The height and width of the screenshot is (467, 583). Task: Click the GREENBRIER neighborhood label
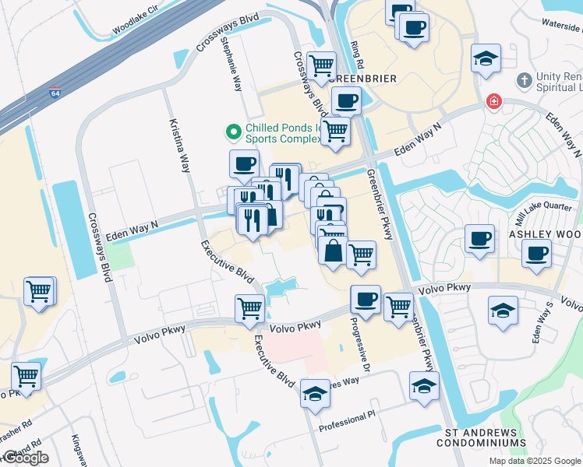[362, 79]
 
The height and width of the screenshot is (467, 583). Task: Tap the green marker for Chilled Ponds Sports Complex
[233, 133]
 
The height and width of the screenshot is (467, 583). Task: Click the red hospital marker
[493, 101]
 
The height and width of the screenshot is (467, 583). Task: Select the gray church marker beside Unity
[524, 79]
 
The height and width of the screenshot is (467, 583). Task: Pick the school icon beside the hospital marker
[486, 58]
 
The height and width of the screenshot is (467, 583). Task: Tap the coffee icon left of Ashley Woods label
[479, 237]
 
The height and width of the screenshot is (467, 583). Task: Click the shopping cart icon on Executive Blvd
[249, 307]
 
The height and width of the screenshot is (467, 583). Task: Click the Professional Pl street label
[348, 425]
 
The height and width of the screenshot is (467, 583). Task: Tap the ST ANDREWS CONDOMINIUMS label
[475, 437]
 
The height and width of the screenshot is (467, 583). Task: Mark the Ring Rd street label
[359, 54]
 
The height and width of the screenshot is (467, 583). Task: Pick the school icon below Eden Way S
[503, 309]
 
